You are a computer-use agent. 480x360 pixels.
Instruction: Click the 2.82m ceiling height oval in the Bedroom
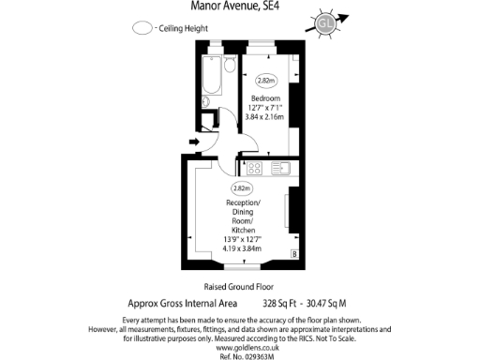click(x=265, y=82)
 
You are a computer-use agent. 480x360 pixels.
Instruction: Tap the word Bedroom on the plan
click(x=266, y=97)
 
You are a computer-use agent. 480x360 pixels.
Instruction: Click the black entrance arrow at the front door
click(x=195, y=142)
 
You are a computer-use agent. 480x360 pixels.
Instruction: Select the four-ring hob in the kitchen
click(x=254, y=169)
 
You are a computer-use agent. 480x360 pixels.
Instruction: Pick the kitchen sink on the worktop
click(x=281, y=169)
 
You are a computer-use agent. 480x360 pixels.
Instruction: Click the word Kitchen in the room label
click(x=244, y=231)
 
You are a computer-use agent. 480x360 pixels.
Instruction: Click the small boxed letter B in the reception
click(x=294, y=253)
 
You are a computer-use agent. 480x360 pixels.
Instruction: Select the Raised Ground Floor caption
click(x=240, y=287)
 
